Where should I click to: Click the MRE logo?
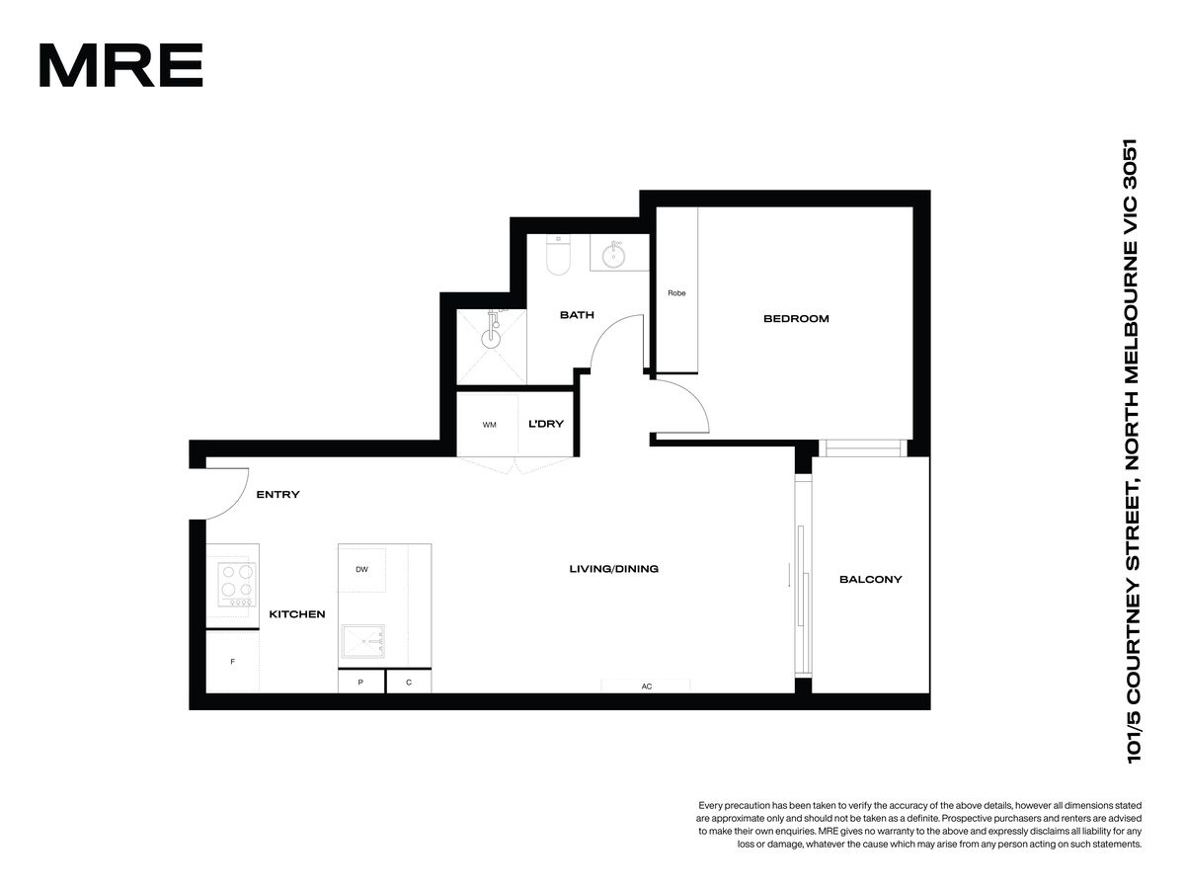pos(120,65)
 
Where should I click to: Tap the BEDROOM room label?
pos(796,318)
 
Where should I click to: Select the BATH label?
pos(577,315)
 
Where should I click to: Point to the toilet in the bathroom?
pos(558,255)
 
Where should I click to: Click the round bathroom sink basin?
pos(614,255)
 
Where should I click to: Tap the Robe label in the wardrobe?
pos(676,293)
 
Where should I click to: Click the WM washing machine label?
pos(489,425)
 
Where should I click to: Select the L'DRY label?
pos(546,424)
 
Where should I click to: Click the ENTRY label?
pos(277,495)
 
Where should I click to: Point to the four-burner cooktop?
pos(237,585)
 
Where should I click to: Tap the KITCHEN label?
pos(297,614)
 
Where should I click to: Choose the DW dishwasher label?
pos(361,570)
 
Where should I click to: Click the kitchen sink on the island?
pos(363,642)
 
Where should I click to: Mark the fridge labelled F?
pos(233,661)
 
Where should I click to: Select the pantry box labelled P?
pos(361,682)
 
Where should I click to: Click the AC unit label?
pos(647,687)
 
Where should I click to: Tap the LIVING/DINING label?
pos(614,569)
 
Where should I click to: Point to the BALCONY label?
pos(870,580)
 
